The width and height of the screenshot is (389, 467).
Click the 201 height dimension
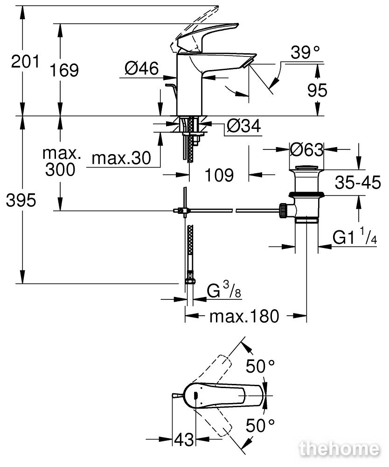(x=25, y=62)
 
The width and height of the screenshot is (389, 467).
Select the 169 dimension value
(x=64, y=71)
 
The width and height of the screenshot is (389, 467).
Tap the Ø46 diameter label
(x=142, y=68)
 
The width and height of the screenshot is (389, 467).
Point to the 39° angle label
(x=305, y=52)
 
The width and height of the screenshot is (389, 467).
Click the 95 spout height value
(x=317, y=90)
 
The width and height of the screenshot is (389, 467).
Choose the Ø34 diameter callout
(x=243, y=126)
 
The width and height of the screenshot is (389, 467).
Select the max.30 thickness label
(x=121, y=158)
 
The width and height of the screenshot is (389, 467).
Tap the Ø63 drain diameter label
(x=306, y=149)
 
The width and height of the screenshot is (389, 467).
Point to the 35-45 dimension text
(x=357, y=183)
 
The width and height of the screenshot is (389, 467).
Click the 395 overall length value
(x=21, y=200)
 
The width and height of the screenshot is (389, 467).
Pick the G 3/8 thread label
(x=224, y=290)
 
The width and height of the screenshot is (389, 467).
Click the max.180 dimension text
(x=244, y=316)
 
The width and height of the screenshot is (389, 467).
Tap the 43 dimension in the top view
(x=184, y=439)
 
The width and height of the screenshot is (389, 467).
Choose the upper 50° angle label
(x=260, y=366)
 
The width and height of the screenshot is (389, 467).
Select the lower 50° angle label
(x=260, y=425)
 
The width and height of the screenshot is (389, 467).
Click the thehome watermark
(x=340, y=448)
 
